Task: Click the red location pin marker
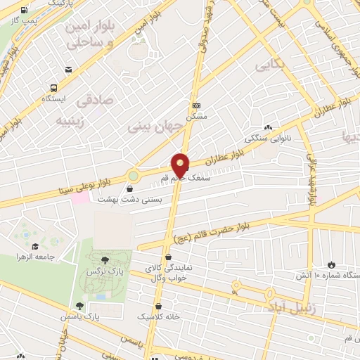coord(181,165)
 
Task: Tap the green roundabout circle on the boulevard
coord(134,174)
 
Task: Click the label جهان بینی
coord(155,126)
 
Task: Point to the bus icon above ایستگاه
coord(53,88)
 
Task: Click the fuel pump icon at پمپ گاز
coord(25,11)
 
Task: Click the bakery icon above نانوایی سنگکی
coord(247,126)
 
